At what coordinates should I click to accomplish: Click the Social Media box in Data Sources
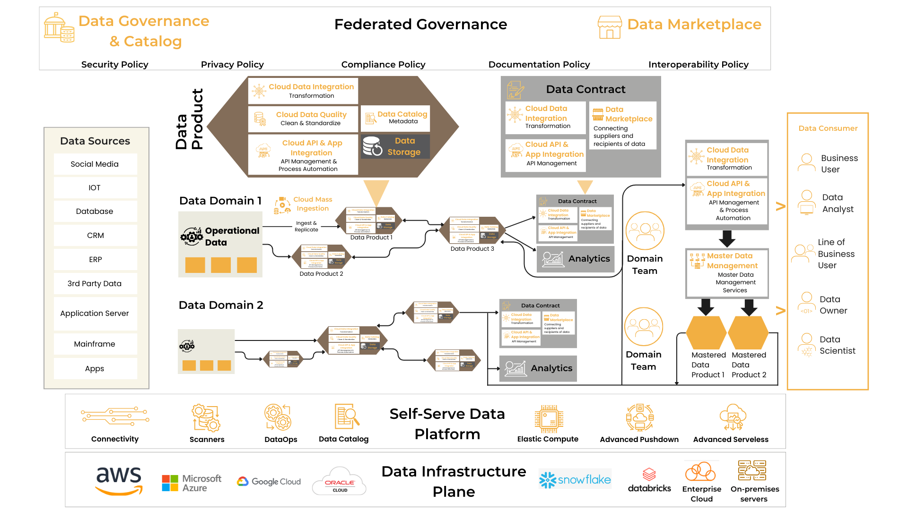tap(95, 164)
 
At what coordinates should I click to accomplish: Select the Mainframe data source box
tap(95, 344)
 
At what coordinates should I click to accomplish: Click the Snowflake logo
tap(575, 480)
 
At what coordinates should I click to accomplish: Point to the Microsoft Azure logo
tap(191, 483)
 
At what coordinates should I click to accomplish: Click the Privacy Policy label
tap(232, 64)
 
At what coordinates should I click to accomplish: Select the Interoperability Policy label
tap(698, 64)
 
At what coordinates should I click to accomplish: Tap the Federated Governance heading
tap(420, 24)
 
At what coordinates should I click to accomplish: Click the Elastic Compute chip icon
tap(549, 418)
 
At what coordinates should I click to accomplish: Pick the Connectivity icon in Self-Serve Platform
tap(115, 416)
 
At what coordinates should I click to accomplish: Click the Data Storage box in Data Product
tap(395, 146)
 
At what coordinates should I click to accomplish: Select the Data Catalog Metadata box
tap(395, 118)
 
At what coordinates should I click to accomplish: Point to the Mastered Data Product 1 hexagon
tap(706, 332)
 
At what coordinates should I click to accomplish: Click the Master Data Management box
tap(727, 273)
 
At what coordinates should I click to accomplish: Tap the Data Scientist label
tap(837, 345)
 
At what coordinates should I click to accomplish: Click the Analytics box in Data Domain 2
tap(538, 368)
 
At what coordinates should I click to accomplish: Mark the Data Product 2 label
tap(321, 274)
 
